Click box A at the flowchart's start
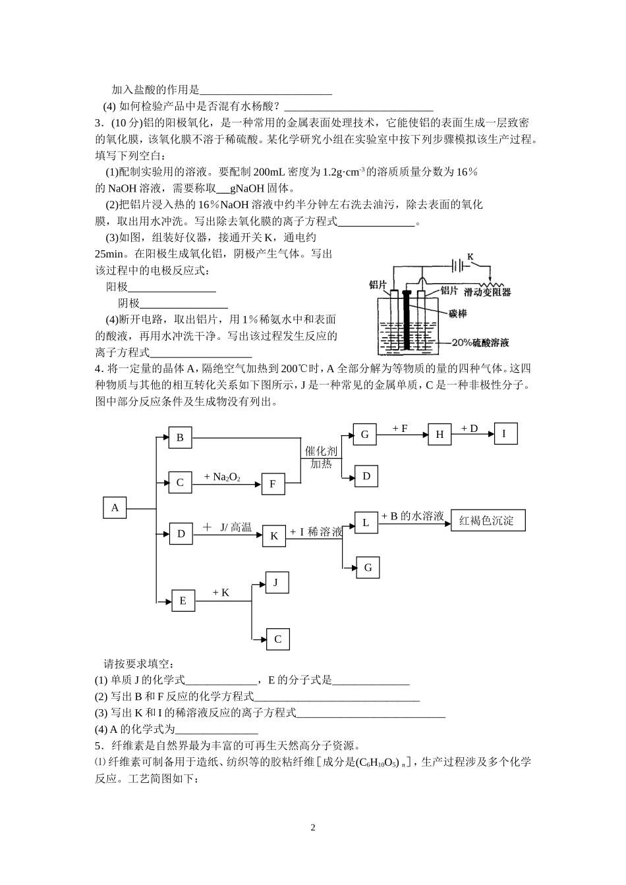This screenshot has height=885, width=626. click(x=115, y=508)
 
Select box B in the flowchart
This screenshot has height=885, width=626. click(x=180, y=438)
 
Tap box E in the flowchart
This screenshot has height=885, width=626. click(x=183, y=601)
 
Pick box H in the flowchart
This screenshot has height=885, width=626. click(x=440, y=435)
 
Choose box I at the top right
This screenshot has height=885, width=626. click(x=505, y=433)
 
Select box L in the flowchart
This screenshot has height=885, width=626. click(x=366, y=523)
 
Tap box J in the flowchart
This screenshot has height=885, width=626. click(x=277, y=583)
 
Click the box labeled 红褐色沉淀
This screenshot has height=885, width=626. click(x=488, y=521)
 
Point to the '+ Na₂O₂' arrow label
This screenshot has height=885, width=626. click(x=222, y=477)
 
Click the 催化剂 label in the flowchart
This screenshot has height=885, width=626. click(x=321, y=451)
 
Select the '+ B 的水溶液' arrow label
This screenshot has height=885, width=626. click(x=413, y=516)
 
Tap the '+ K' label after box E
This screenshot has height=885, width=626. click(x=221, y=593)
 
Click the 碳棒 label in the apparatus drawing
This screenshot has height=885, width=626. click(x=457, y=314)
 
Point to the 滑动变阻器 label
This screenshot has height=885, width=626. click(x=487, y=291)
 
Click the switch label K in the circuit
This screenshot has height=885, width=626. click(x=470, y=255)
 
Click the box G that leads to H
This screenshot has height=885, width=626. click(x=365, y=435)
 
